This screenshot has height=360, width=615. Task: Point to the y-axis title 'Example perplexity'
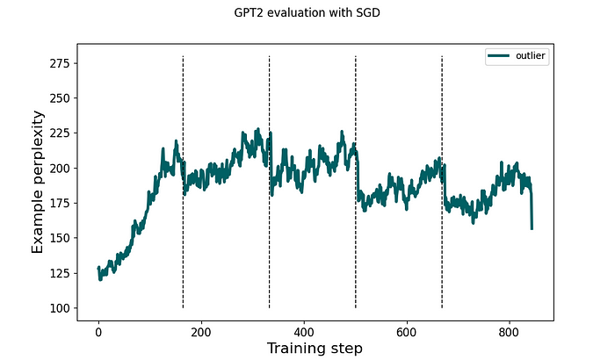coord(37,182)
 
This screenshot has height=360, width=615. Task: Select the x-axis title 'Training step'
coord(315,348)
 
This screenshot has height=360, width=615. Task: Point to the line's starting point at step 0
coord(98,268)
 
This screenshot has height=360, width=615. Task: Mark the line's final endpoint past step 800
coord(532,228)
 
